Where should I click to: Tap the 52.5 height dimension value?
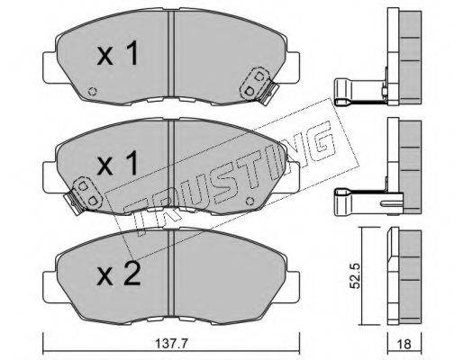click(355, 276)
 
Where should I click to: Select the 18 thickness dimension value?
click(404, 345)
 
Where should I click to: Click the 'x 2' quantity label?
click(119, 274)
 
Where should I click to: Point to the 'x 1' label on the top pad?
click(117, 53)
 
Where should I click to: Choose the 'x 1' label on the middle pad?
click(117, 164)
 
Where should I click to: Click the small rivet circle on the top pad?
click(93, 91)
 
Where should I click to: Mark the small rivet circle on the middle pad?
click(250, 201)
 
